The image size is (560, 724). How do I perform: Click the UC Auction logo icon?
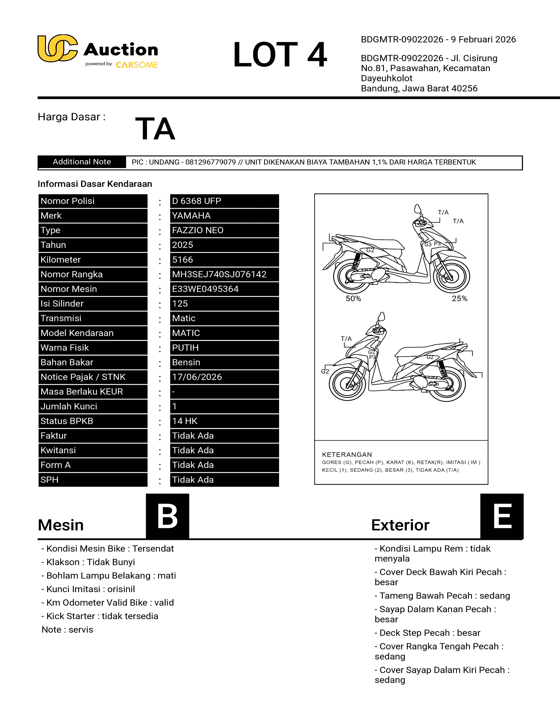tap(57, 48)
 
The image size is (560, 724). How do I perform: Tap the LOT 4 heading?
tap(280, 55)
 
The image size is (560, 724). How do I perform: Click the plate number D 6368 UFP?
tap(196, 201)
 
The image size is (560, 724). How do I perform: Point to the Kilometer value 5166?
tap(182, 260)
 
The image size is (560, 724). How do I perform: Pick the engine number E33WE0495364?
tap(205, 289)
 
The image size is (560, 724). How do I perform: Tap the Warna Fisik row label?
tap(65, 348)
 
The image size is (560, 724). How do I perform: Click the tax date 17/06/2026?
tap(197, 377)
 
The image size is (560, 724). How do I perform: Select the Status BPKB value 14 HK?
tap(185, 421)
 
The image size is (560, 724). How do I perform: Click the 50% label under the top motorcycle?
tap(353, 298)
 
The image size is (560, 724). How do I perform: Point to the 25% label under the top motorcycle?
tap(459, 298)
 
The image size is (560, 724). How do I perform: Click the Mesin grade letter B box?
tap(168, 516)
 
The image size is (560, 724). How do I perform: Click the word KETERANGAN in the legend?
tap(347, 455)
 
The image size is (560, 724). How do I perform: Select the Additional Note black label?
tap(82, 162)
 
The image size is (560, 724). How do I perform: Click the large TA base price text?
tap(155, 129)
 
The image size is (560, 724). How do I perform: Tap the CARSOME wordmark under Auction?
tap(137, 65)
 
